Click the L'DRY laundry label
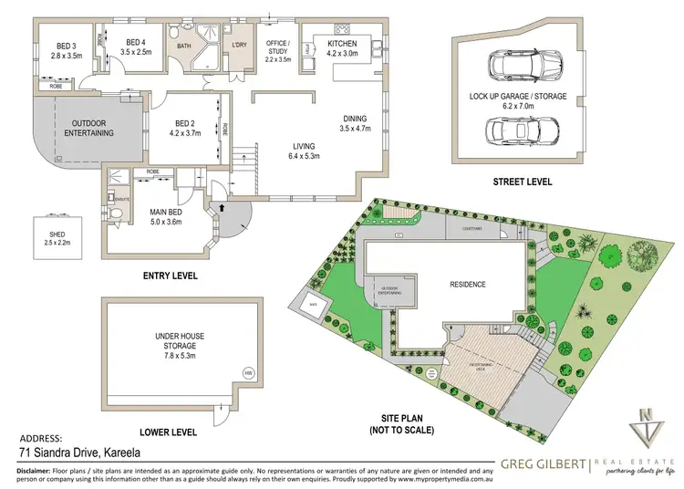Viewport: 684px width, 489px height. (241, 45)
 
